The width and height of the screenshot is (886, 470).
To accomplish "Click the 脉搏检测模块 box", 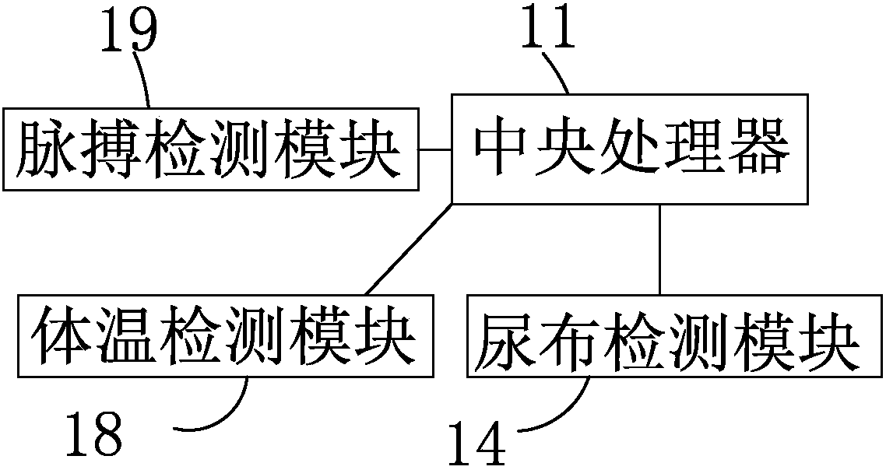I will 211,149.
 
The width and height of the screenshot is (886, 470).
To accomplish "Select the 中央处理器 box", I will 631,149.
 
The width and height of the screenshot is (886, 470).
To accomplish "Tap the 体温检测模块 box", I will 226,336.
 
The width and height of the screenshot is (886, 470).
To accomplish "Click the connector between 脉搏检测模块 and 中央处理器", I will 435,149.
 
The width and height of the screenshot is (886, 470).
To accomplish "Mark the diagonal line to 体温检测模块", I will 407,249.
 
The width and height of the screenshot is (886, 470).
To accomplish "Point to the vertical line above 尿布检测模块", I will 660,249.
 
